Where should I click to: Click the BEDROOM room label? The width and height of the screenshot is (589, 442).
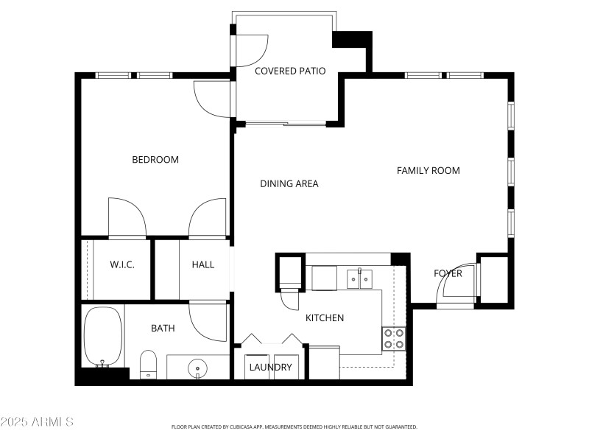tap(155, 160)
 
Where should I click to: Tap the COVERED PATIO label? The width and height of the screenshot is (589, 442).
tap(290, 71)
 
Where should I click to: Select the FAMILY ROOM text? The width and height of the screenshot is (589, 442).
tap(428, 171)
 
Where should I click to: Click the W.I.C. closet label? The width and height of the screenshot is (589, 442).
tap(122, 264)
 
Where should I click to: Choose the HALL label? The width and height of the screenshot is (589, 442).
tap(202, 264)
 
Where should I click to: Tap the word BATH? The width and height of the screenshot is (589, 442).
tap(163, 329)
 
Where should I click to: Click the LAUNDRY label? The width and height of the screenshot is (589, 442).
tap(270, 367)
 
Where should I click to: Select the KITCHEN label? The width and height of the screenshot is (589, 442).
tap(325, 318)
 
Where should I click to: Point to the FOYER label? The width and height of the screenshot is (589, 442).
tap(448, 274)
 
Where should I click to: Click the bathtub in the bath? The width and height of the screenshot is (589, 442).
tap(102, 337)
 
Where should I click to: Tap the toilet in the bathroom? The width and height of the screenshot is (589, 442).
tap(148, 363)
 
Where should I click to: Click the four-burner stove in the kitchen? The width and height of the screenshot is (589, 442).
tap(394, 338)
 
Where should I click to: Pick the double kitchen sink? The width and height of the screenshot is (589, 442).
tap(360, 278)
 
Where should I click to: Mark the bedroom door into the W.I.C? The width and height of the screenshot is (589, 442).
tap(127, 217)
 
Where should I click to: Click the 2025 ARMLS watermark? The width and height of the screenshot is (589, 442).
tap(37, 422)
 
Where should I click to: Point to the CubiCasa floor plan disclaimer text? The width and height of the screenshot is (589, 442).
tap(294, 427)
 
